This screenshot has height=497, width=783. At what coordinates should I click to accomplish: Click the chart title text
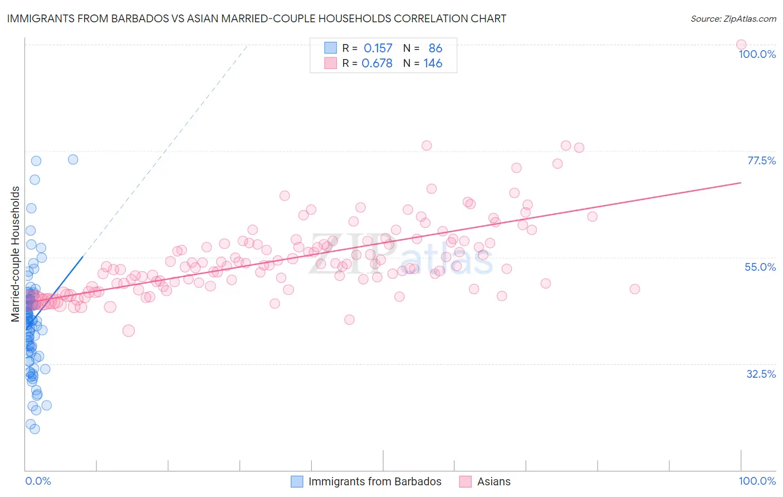[257, 18]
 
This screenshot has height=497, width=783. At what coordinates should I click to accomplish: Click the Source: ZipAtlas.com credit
[733, 18]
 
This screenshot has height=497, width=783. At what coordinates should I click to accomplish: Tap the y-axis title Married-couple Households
[16, 254]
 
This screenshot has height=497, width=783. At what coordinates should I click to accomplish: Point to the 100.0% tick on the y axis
[757, 54]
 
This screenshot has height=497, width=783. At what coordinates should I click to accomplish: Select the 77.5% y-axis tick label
[761, 160]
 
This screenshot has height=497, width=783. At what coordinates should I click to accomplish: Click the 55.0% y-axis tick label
[760, 267]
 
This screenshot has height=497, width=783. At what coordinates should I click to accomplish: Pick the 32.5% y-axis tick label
[761, 374]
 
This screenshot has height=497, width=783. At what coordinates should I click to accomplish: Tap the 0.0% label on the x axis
[38, 481]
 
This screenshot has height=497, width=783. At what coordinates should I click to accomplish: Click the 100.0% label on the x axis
[757, 481]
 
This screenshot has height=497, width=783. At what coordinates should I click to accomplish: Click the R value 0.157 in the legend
[378, 48]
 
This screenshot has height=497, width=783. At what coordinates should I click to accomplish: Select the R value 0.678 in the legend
[377, 64]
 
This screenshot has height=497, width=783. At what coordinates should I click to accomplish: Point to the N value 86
[435, 48]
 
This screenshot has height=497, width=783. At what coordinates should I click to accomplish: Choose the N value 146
[433, 64]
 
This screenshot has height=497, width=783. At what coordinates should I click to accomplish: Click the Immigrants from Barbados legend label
[375, 481]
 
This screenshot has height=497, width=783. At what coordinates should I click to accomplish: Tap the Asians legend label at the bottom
[493, 481]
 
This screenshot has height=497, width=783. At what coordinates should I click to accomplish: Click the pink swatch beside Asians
[465, 481]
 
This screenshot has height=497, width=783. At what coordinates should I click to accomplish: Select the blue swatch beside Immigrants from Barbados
[297, 481]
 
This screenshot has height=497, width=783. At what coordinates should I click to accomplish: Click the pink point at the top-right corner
[741, 45]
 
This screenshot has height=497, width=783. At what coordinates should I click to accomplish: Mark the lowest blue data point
[35, 428]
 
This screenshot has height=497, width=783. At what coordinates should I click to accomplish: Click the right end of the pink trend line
[741, 182]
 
